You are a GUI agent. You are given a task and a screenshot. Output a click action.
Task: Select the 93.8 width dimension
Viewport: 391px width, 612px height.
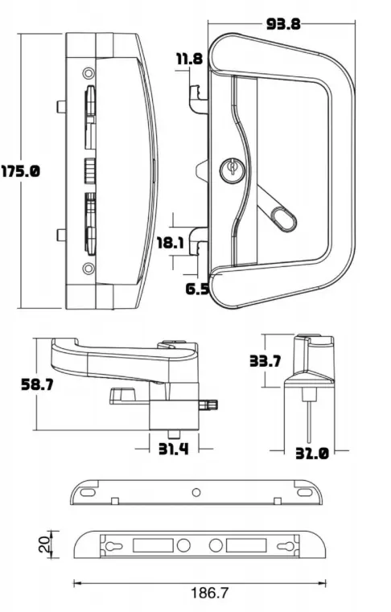pos(283,23)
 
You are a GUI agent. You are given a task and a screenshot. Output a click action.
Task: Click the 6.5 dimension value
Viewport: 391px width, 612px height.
pos(196,288)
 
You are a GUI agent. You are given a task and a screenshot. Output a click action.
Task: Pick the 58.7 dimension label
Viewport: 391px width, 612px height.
pos(37,384)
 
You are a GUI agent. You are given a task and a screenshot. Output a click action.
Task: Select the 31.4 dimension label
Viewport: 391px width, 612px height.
pos(172,448)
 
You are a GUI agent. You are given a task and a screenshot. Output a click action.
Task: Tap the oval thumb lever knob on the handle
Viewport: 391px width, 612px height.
pos(283,217)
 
